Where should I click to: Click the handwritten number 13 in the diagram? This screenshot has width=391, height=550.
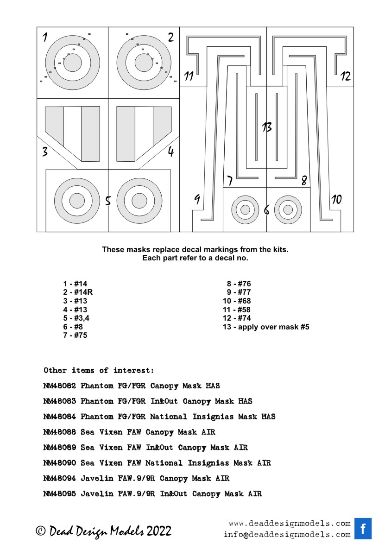pyautogui.click(x=266, y=128)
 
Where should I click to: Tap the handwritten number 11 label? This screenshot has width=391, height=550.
pyautogui.click(x=188, y=76)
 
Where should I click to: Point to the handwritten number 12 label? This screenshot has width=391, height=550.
pyautogui.click(x=345, y=76)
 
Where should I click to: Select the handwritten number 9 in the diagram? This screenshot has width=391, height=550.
pyautogui.click(x=197, y=200)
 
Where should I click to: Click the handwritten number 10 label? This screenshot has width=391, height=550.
pyautogui.click(x=336, y=199)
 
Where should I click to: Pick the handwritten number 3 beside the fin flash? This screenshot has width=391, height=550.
pyautogui.click(x=45, y=152)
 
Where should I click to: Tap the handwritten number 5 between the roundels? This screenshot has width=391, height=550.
pyautogui.click(x=108, y=201)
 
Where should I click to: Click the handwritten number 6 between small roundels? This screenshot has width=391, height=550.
pyautogui.click(x=266, y=210)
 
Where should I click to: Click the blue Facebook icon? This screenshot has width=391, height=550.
pyautogui.click(x=363, y=529)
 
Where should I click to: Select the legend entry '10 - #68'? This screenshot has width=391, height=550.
pyautogui.click(x=237, y=301)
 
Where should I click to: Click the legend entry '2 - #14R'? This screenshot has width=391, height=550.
pyautogui.click(x=78, y=292)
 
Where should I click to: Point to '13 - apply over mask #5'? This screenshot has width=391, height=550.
pyautogui.click(x=266, y=327)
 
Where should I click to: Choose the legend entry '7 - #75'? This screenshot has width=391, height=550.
pyautogui.click(x=75, y=335)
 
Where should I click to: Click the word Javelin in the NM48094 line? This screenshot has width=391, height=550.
pyautogui.click(x=97, y=479)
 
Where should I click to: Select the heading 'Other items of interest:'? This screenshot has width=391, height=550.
pyautogui.click(x=98, y=371)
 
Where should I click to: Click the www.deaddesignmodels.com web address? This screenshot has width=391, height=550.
pyautogui.click(x=290, y=524)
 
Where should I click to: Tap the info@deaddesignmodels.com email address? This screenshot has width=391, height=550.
pyautogui.click(x=287, y=535)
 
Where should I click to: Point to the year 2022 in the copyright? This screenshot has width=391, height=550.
pyautogui.click(x=159, y=531)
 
